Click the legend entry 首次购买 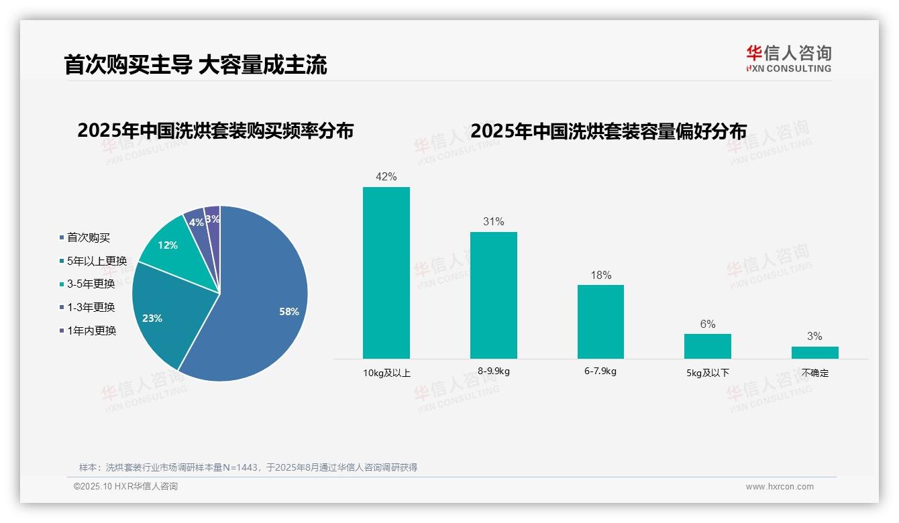(x=88, y=237)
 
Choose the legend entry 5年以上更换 (x=97, y=261)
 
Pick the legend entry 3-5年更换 (x=91, y=284)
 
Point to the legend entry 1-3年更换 (x=91, y=307)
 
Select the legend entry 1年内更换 (x=91, y=331)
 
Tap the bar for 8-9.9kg (x=494, y=295)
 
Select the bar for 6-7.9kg (x=600, y=322)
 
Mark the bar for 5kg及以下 (x=708, y=346)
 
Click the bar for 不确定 (x=814, y=353)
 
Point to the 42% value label (x=386, y=177)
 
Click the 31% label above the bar (x=494, y=222)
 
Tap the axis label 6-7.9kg (x=600, y=371)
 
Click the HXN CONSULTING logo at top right (x=788, y=59)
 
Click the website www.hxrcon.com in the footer (x=780, y=487)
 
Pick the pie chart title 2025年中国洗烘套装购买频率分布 (x=215, y=131)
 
